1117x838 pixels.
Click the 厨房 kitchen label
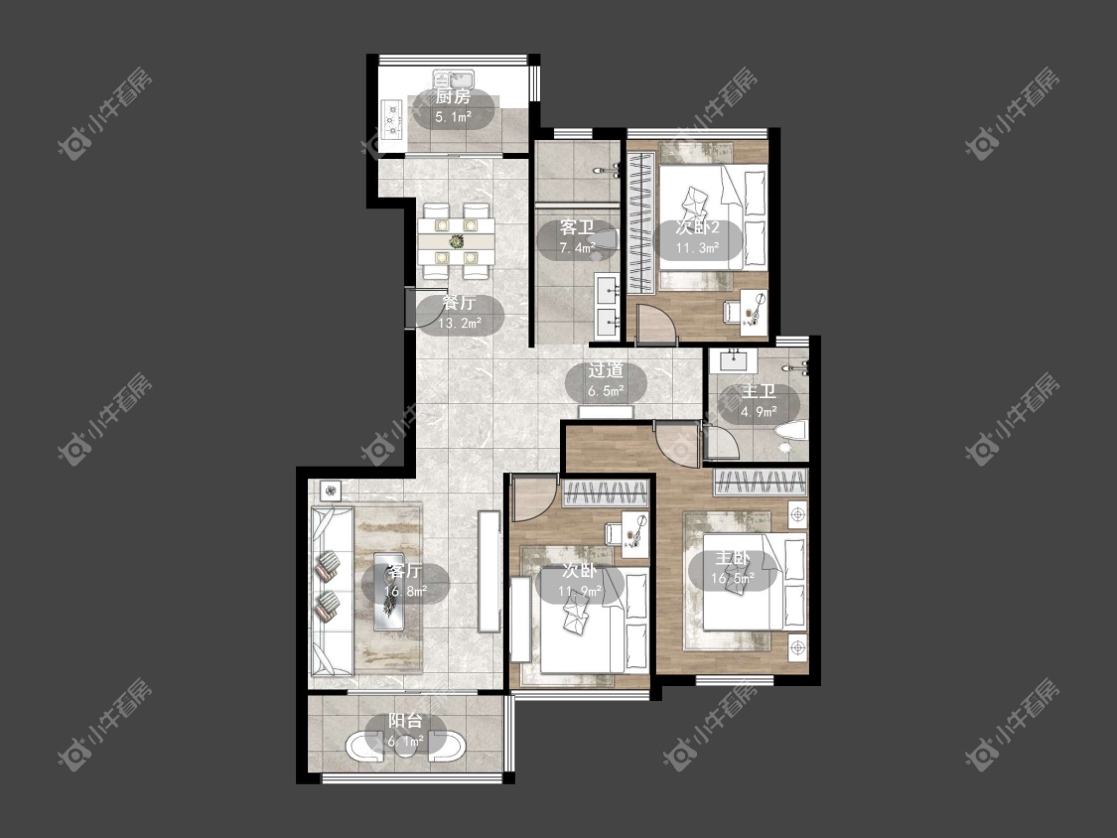coord(453,97)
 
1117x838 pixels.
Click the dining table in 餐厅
coord(456,241)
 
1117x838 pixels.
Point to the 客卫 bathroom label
coord(577,228)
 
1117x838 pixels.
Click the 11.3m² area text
coord(697,248)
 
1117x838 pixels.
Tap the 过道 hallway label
coord(607,370)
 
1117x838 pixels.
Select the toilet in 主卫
coord(790,432)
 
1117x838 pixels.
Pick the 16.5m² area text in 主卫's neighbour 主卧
coord(733,578)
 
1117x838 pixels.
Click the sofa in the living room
coord(332,591)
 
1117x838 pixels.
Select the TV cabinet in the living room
coord(489,571)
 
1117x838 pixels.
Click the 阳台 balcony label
coord(405,721)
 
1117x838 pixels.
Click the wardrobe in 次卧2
coord(640,223)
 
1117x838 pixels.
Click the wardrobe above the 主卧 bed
coord(761,482)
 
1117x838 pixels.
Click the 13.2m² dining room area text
coord(460,323)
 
